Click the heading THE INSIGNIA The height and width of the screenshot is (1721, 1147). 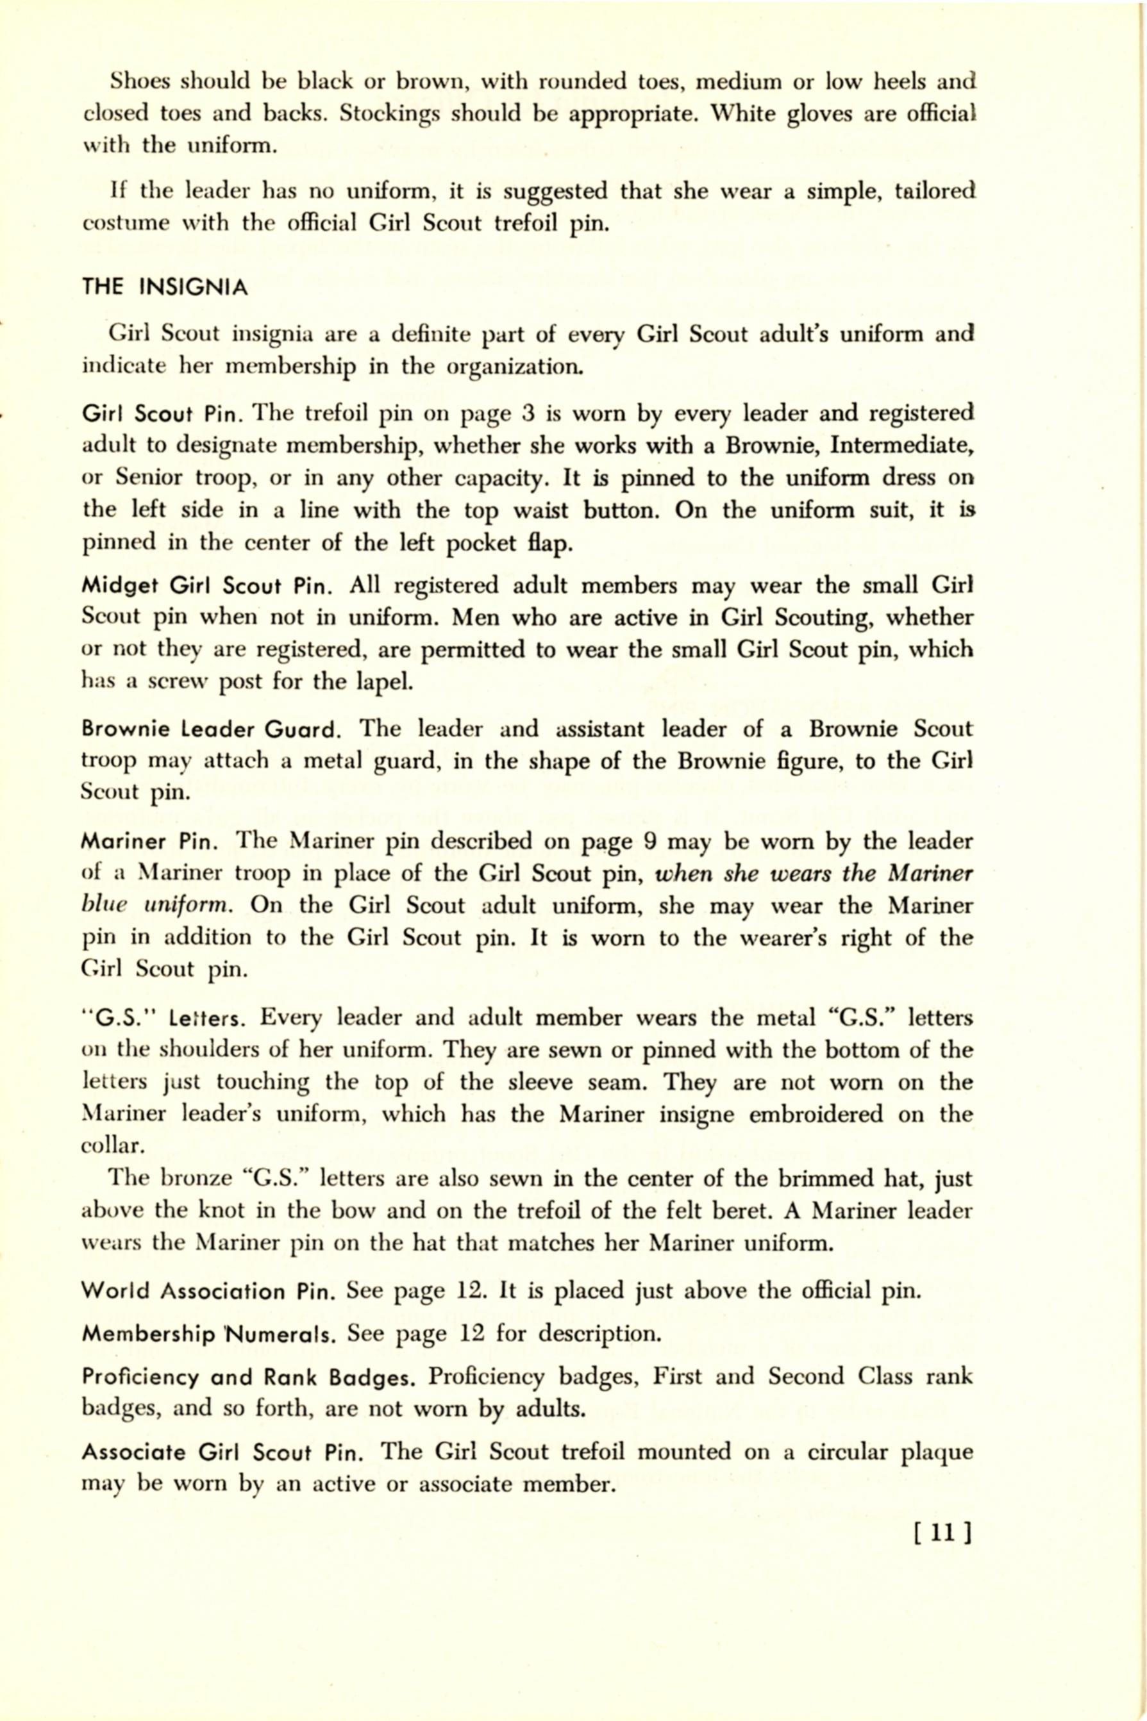point(165,287)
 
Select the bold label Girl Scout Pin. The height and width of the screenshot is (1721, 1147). point(167,415)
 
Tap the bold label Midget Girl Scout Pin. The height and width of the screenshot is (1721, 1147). point(208,586)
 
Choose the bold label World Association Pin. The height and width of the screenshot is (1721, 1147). point(208,1291)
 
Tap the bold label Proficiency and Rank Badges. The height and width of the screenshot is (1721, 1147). point(249,1377)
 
